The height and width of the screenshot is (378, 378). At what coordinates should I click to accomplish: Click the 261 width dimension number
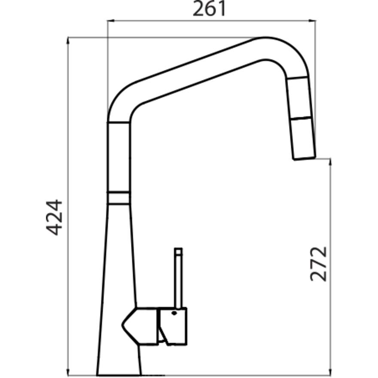209,9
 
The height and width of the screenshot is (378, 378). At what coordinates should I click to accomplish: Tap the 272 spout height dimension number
319,263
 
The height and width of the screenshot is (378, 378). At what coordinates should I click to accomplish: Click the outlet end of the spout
305,158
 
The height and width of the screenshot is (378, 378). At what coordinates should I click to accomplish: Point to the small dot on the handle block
174,313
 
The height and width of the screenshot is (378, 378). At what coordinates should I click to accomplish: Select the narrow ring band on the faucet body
118,198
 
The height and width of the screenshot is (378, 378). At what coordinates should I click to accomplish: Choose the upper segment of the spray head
300,98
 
